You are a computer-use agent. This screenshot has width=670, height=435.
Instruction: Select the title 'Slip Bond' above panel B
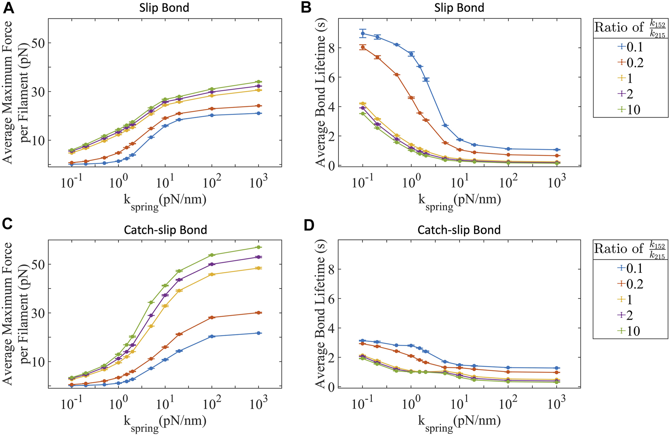pos(459,8)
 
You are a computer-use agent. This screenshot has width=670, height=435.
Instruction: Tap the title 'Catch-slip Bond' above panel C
pos(165,230)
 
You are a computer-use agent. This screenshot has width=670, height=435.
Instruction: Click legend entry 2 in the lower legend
pos(631,315)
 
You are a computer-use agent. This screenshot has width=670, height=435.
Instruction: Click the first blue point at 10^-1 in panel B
pos(363,33)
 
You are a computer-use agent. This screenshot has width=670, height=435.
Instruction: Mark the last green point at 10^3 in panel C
pos(259,247)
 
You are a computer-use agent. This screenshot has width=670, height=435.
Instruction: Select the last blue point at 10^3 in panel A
pos(259,113)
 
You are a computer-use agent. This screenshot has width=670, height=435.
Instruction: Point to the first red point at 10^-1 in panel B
pos(363,47)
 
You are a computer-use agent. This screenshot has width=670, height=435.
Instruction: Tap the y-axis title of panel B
pos(320,92)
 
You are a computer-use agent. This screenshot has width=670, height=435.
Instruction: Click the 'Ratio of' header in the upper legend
pos(618,28)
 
